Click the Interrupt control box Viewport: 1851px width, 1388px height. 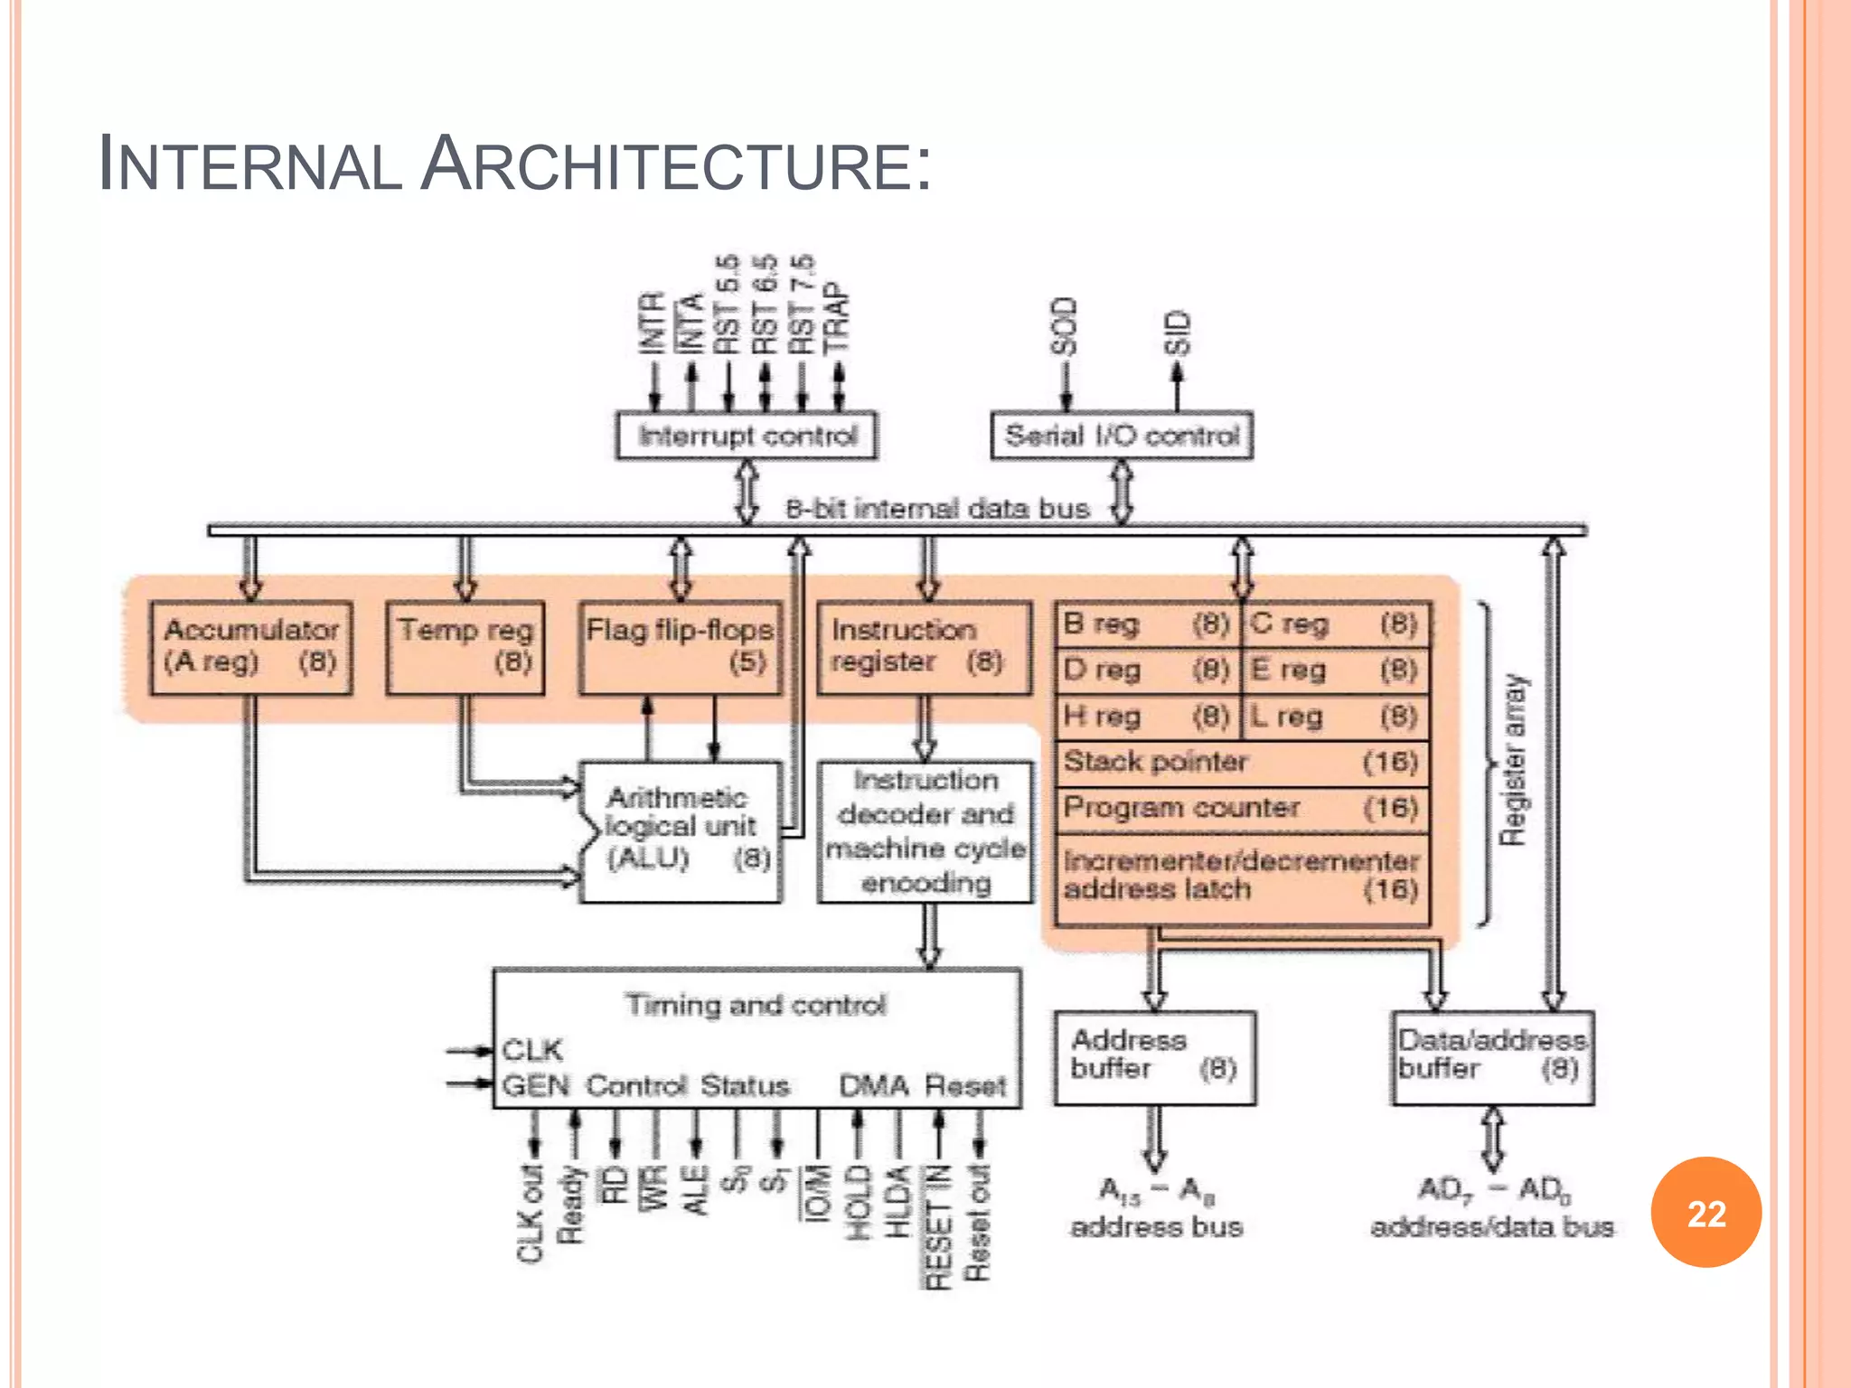pyautogui.click(x=747, y=436)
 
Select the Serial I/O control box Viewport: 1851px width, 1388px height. pyautogui.click(x=1121, y=436)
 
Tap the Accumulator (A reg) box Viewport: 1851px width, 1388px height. pyautogui.click(x=251, y=647)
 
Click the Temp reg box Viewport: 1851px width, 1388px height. pyautogui.click(x=465, y=647)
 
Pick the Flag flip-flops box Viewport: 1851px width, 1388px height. pyautogui.click(x=680, y=647)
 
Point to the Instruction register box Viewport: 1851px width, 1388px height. pyautogui.click(x=924, y=647)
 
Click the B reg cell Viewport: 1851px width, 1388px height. pyautogui.click(x=1146, y=624)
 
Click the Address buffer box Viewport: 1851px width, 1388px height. pyautogui.click(x=1154, y=1057)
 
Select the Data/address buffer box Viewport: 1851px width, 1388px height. pyautogui.click(x=1492, y=1057)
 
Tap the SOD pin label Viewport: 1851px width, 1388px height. pyautogui.click(x=1066, y=326)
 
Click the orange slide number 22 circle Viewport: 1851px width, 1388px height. pyautogui.click(x=1705, y=1212)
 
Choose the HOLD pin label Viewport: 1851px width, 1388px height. pyautogui.click(x=857, y=1202)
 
